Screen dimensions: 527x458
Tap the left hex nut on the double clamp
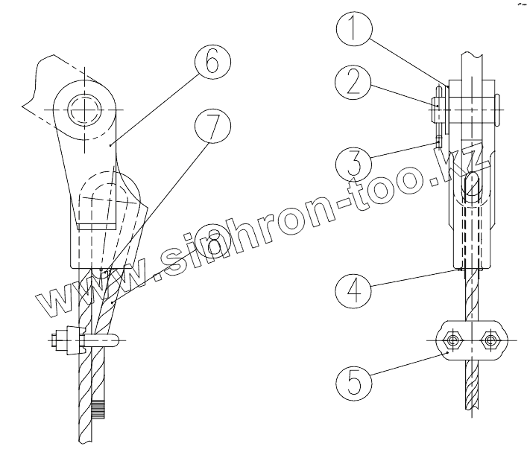click(x=452, y=341)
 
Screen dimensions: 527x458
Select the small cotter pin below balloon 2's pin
click(x=439, y=139)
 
